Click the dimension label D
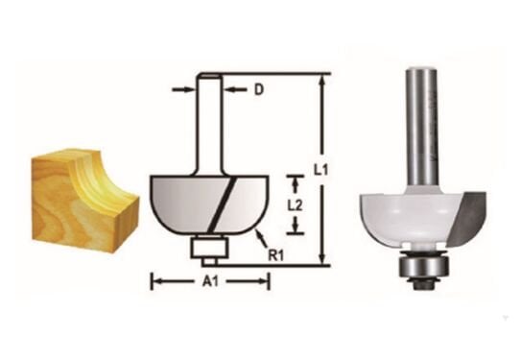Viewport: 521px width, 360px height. pos(258,91)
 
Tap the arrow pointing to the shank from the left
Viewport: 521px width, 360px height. pos(188,90)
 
